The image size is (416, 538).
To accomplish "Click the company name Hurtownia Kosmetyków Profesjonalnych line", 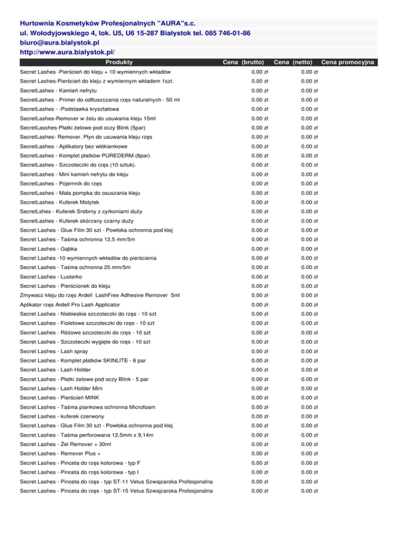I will tap(108, 24).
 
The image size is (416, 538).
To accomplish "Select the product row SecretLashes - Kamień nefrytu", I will tap(55, 90).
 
